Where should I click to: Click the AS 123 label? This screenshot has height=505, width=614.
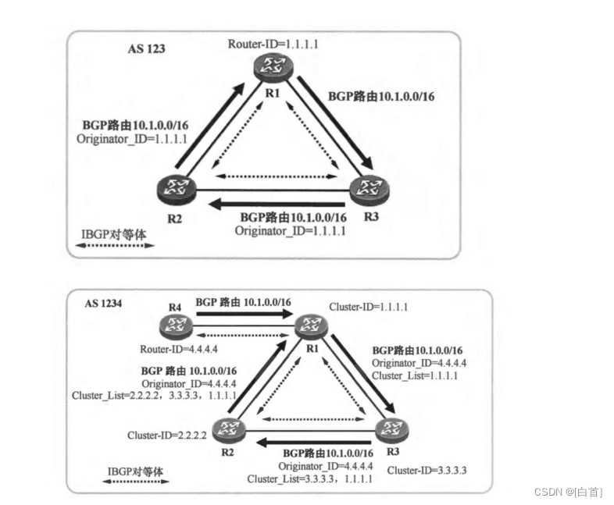[146, 48]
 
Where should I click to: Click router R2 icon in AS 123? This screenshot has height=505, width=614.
[174, 187]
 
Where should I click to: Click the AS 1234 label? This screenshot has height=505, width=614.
[103, 304]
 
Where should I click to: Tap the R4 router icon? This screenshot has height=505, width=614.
[174, 326]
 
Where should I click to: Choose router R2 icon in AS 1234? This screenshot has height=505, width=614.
[230, 429]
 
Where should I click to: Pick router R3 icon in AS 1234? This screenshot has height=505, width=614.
[388, 430]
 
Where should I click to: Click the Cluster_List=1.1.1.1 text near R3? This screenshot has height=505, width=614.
[414, 375]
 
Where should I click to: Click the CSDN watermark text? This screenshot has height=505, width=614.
[568, 492]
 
